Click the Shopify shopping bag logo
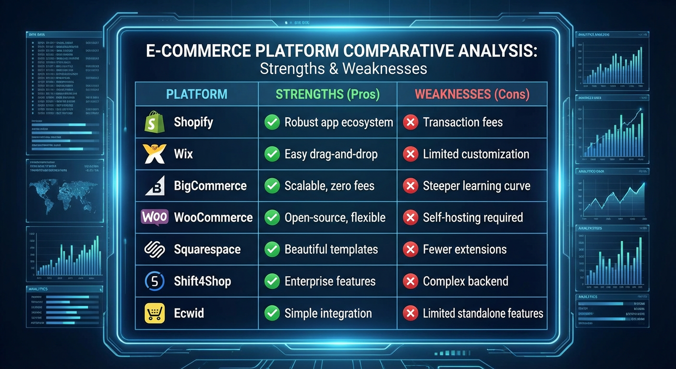click(155, 123)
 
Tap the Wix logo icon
click(155, 154)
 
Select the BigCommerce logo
click(155, 186)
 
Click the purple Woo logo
click(155, 217)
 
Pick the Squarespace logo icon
click(155, 249)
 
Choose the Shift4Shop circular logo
click(155, 282)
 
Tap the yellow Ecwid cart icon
click(155, 313)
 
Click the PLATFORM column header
click(197, 94)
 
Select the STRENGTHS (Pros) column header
click(327, 94)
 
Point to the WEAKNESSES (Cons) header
click(472, 94)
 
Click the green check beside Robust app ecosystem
click(272, 123)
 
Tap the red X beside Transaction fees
click(410, 123)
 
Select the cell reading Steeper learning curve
click(476, 186)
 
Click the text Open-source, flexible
click(335, 218)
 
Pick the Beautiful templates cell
click(331, 249)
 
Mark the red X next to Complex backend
click(410, 282)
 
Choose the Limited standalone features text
click(483, 313)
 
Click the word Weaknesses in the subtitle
click(385, 68)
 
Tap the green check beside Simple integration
click(272, 313)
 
